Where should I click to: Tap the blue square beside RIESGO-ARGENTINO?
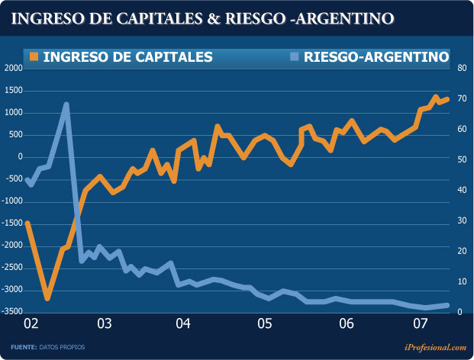294,56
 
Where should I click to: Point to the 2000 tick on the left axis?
13,69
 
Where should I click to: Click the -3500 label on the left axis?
11,312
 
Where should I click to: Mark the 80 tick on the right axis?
462,69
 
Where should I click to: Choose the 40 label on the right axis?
462,190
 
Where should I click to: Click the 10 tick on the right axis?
462,281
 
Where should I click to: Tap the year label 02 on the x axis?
31,324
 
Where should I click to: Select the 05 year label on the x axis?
264,324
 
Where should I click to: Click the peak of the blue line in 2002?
66,104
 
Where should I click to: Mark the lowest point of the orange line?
47,298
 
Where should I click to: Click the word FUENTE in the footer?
24,347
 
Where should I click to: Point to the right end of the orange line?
447,98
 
